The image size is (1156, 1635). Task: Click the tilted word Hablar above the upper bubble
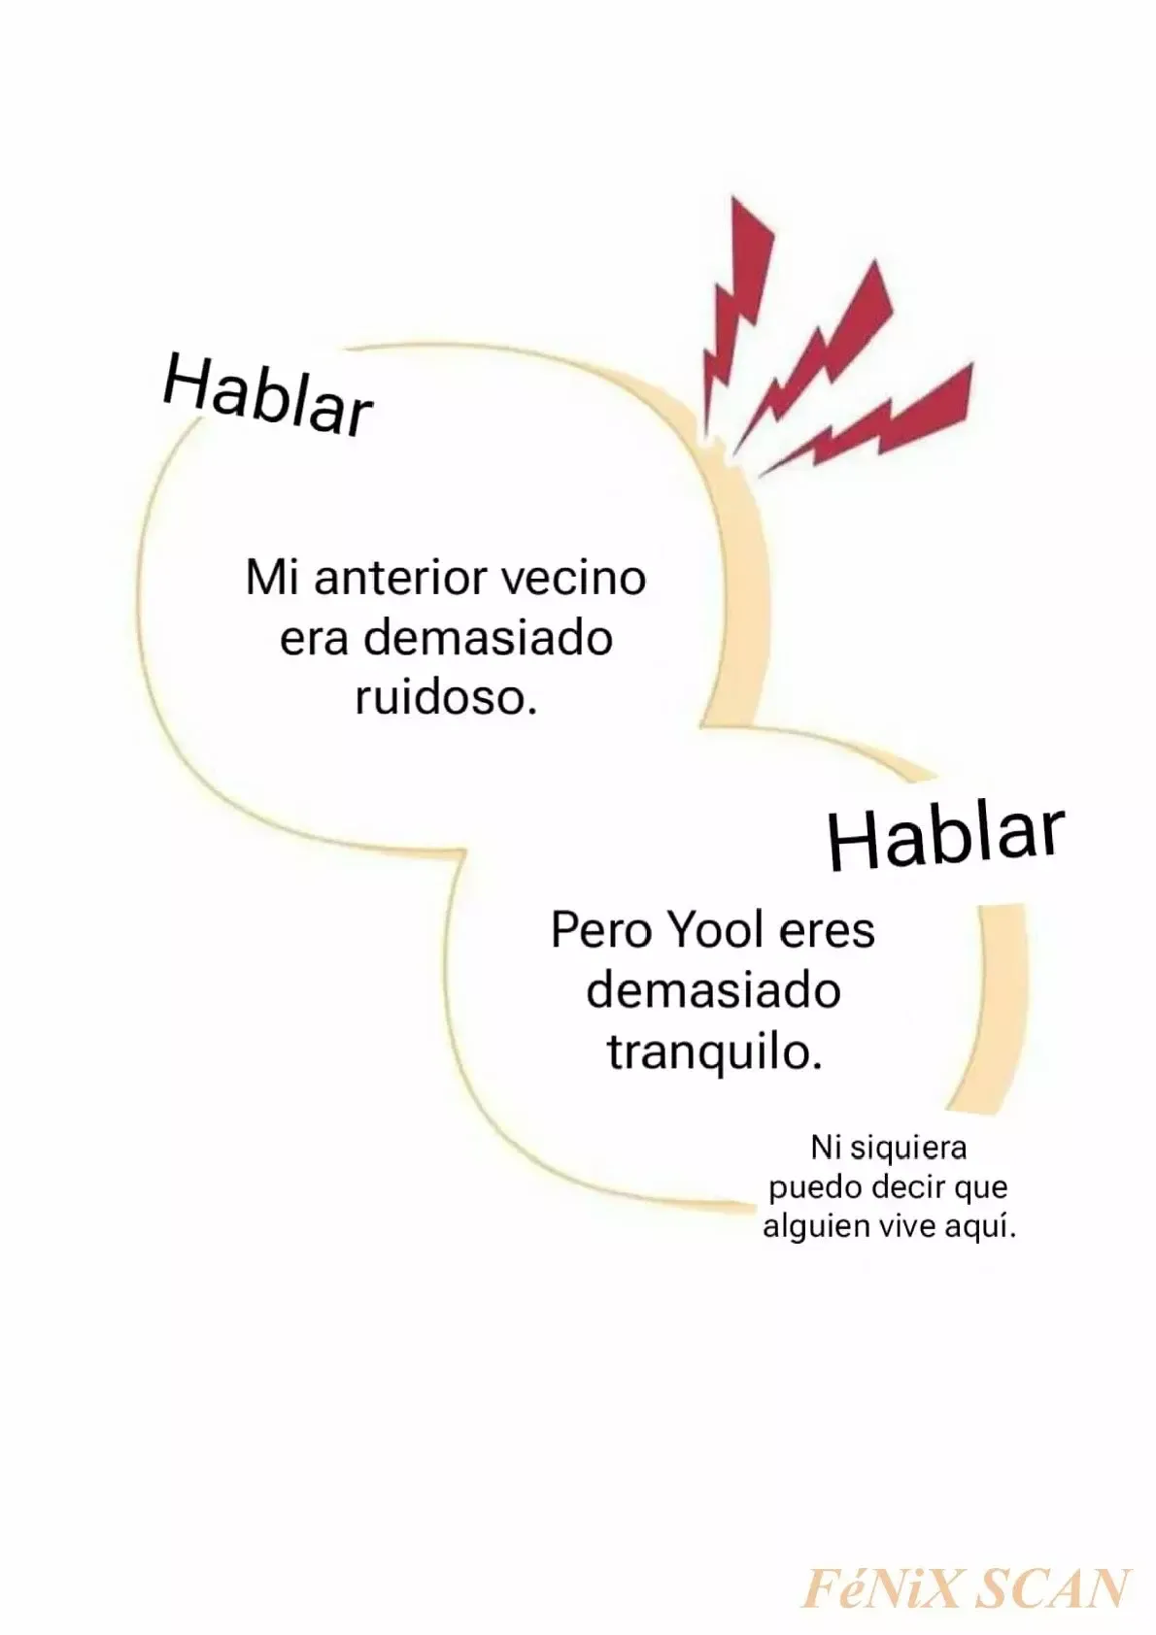pyautogui.click(x=266, y=395)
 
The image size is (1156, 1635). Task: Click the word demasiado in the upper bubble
pyautogui.click(x=487, y=637)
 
